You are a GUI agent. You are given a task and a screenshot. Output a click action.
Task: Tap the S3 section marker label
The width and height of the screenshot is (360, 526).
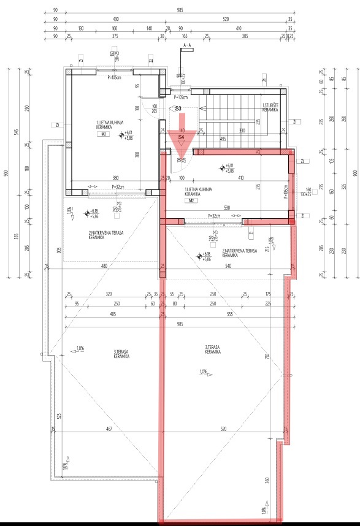coord(178,109)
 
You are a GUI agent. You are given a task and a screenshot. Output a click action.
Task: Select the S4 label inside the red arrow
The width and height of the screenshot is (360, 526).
coord(182,138)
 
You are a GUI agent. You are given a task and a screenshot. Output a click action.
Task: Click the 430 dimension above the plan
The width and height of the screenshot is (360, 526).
coord(116,19)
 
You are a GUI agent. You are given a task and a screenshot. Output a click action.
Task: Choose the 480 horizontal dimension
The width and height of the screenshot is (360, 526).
coord(104,266)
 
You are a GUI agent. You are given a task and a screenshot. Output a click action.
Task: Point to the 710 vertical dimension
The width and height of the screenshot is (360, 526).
coord(267,356)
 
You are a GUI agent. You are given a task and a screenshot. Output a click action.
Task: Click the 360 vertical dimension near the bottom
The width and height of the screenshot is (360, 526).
coord(267,481)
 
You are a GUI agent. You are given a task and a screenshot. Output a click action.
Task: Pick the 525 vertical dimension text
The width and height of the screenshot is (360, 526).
coord(58,416)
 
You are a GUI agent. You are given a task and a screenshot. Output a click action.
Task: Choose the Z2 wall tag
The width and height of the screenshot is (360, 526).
coord(304,161)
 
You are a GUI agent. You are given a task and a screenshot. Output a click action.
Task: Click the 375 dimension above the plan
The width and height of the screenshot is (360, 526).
coord(115,36)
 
